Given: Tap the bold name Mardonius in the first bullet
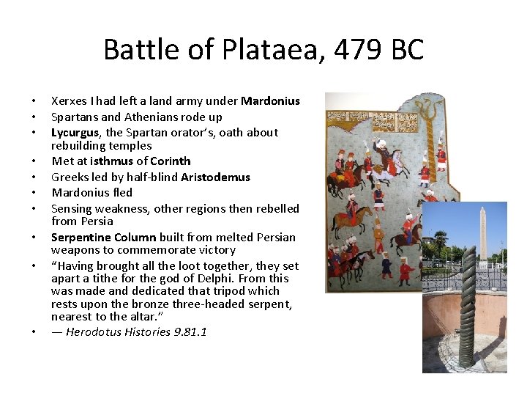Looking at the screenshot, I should tap(270, 101).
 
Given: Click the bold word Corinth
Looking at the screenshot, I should tap(170, 161).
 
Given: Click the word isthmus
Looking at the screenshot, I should tap(112, 161).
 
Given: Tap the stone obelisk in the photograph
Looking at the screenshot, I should tap(482, 235).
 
